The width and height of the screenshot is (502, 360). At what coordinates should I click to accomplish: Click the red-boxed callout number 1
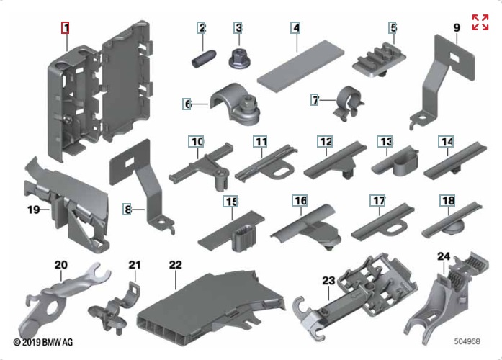pos(66,28)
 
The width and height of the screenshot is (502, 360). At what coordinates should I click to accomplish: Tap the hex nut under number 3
pos(238,58)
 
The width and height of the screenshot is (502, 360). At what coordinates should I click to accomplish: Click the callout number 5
pos(393,28)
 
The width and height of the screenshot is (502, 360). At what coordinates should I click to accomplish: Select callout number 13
pos(386,141)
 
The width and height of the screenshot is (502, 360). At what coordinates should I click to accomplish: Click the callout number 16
pos(300,199)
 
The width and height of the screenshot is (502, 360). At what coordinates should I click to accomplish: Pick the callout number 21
pos(133,264)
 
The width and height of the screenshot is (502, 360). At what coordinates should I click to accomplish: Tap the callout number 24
pos(444,256)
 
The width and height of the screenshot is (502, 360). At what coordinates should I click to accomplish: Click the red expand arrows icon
pos(480,22)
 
